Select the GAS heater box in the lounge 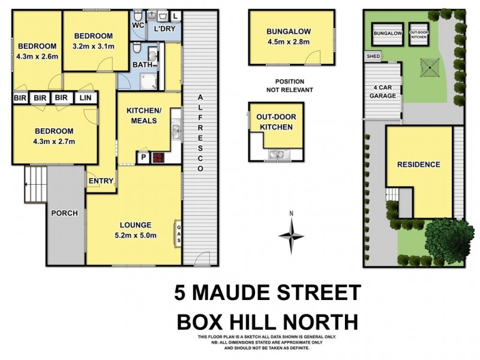178,233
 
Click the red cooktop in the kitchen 158,158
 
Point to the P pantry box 144,158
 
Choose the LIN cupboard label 85,97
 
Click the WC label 137,25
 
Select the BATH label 142,65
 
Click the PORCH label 65,213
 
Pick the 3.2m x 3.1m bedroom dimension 92,46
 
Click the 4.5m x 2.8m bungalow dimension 291,42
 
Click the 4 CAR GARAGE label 382,91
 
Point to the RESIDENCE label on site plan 418,164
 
